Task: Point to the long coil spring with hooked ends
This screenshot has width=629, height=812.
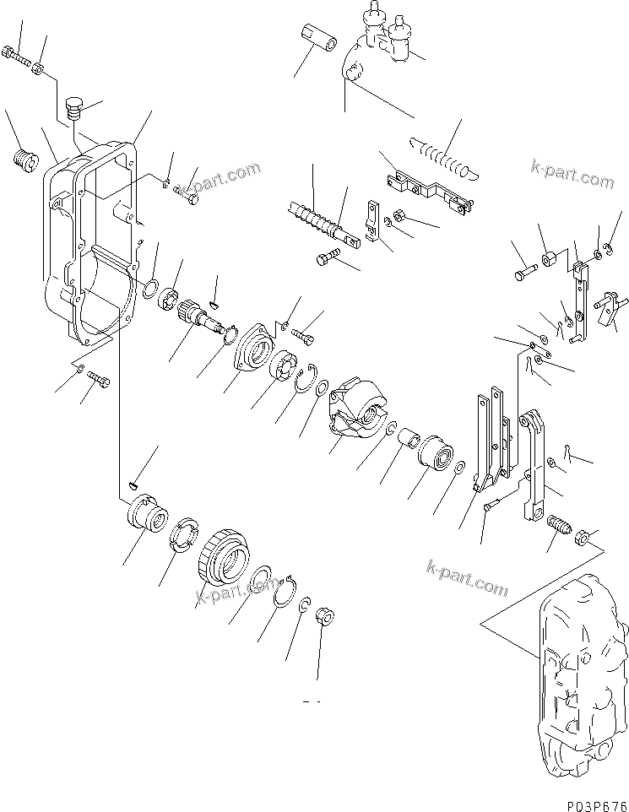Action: pos(443,156)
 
